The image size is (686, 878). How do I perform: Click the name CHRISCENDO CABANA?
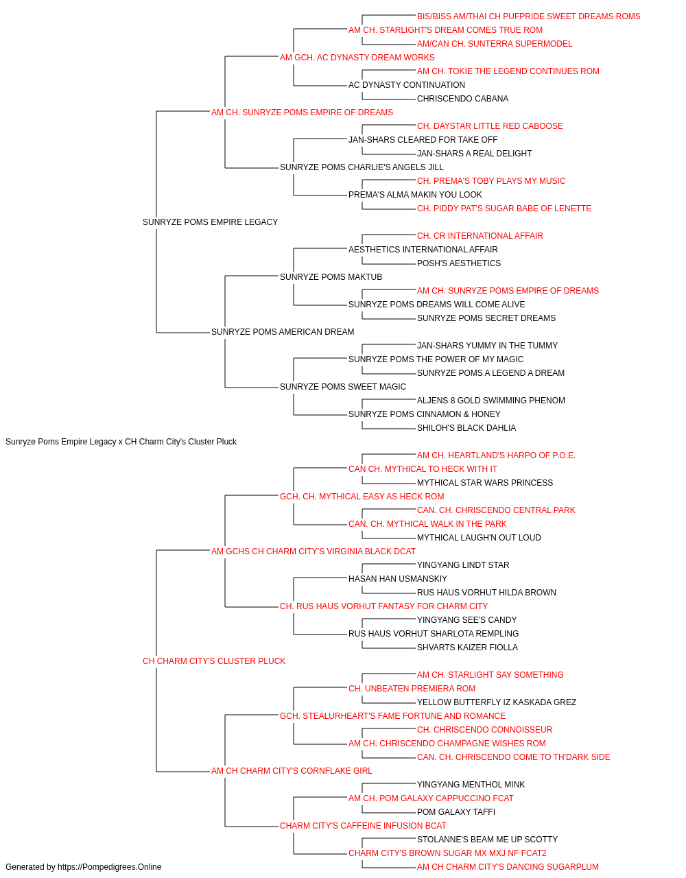click(462, 99)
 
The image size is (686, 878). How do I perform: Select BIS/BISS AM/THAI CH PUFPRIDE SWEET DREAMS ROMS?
click(528, 16)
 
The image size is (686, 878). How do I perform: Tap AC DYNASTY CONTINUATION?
click(406, 85)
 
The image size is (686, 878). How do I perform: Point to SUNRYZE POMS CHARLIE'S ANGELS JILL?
click(362, 167)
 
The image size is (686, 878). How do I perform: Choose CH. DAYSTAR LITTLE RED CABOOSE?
click(490, 126)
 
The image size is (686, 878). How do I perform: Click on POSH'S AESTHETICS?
click(458, 263)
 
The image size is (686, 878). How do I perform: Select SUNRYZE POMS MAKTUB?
click(331, 277)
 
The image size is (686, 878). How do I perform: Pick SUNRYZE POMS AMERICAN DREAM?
click(283, 332)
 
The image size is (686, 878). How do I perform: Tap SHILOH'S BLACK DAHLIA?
click(466, 428)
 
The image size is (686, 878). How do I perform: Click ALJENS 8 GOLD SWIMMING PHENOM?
click(490, 401)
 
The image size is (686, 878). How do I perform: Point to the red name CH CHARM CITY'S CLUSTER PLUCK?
click(213, 661)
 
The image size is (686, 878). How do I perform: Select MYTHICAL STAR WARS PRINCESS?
click(484, 483)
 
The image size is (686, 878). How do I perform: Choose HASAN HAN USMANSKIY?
click(397, 579)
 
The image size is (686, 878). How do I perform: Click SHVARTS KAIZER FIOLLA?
click(467, 648)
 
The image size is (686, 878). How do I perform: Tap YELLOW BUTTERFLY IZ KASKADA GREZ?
click(496, 702)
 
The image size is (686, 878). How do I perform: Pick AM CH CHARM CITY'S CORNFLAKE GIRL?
click(292, 771)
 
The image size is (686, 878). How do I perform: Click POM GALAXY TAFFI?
click(456, 812)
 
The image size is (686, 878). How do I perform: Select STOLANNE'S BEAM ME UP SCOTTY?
click(487, 840)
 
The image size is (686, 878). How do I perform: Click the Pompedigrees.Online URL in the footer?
click(109, 867)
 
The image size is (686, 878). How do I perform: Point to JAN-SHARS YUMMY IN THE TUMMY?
click(487, 346)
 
